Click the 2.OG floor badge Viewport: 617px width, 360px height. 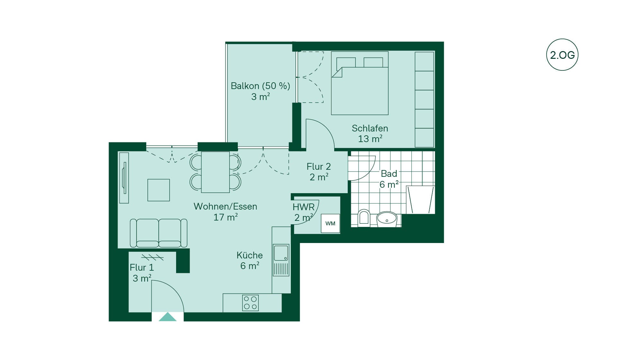tap(562, 55)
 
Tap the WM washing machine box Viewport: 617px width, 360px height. tap(330, 223)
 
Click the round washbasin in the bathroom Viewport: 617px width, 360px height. tap(387, 219)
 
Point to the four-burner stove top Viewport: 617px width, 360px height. tap(250, 303)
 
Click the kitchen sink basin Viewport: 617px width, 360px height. tap(281, 253)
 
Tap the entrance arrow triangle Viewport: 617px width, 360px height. tap(167, 317)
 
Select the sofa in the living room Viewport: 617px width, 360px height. tap(158, 233)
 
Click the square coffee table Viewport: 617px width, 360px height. tap(158, 190)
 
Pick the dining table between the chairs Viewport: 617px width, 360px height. tap(215, 172)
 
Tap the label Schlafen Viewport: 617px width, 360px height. tap(370, 129)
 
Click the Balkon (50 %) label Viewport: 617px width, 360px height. tap(260, 86)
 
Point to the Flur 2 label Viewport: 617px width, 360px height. tap(319, 166)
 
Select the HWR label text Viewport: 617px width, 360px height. tap(304, 207)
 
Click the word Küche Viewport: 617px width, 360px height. tap(250, 255)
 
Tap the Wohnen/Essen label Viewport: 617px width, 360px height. tap(225, 206)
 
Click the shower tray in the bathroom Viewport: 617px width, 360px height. tap(421, 200)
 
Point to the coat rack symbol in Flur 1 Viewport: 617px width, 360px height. tap(152, 257)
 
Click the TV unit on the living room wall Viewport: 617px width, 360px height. tap(124, 178)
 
